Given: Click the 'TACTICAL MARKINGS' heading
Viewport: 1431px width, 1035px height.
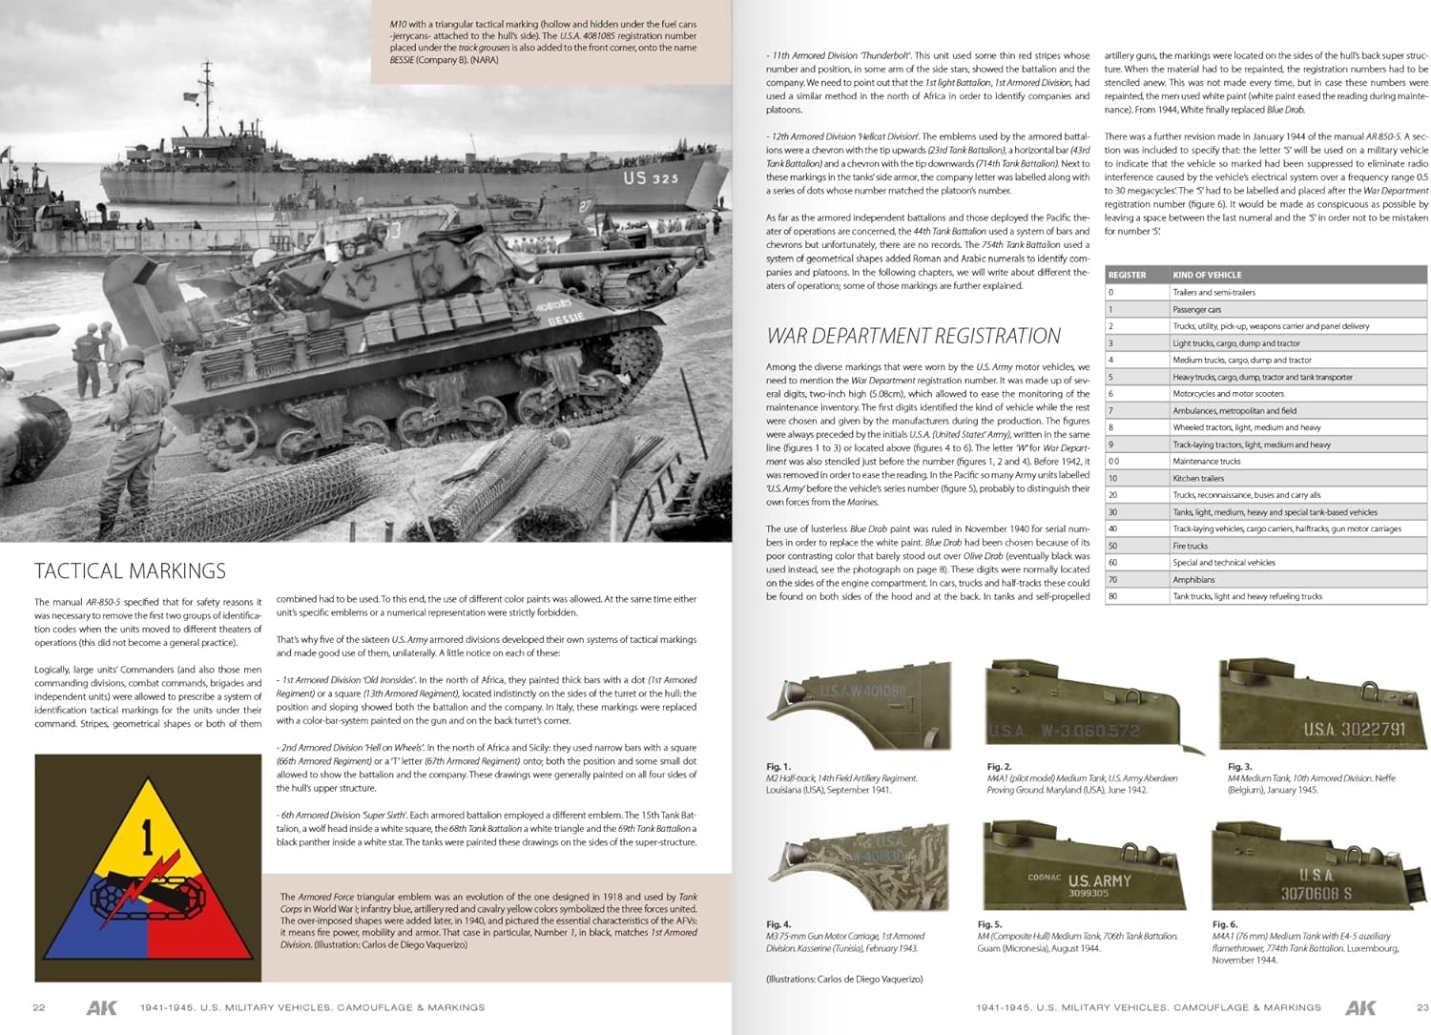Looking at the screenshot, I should coord(130,571).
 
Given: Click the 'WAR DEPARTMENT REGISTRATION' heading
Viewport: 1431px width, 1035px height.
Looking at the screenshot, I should coord(913,336).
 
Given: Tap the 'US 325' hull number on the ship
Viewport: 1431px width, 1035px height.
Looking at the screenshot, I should coord(651,177).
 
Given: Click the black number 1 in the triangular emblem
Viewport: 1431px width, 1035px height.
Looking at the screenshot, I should coord(147,839).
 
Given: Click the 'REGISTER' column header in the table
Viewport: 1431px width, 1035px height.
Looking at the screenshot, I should coord(1127,275).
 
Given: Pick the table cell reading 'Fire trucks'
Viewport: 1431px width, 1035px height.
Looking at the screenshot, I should coord(1190,546).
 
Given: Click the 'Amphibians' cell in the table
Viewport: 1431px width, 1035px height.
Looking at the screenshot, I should coord(1193,579).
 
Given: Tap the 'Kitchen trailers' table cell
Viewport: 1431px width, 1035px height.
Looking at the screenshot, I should coord(1198,478).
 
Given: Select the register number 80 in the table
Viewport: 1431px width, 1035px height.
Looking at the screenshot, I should coord(1112,596).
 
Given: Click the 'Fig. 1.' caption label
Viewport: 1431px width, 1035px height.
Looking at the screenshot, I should coord(778,766).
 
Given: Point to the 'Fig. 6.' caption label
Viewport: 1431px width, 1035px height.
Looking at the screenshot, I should coord(1225,924).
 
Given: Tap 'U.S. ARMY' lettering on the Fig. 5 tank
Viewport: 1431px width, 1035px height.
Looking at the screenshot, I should coord(1099,880).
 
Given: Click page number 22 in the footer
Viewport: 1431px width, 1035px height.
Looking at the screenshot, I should coord(39,1007).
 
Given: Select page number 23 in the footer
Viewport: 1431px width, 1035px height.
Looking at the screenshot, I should coord(1422,1007).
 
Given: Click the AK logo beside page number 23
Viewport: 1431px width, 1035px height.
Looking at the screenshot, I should coord(1360,1007).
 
